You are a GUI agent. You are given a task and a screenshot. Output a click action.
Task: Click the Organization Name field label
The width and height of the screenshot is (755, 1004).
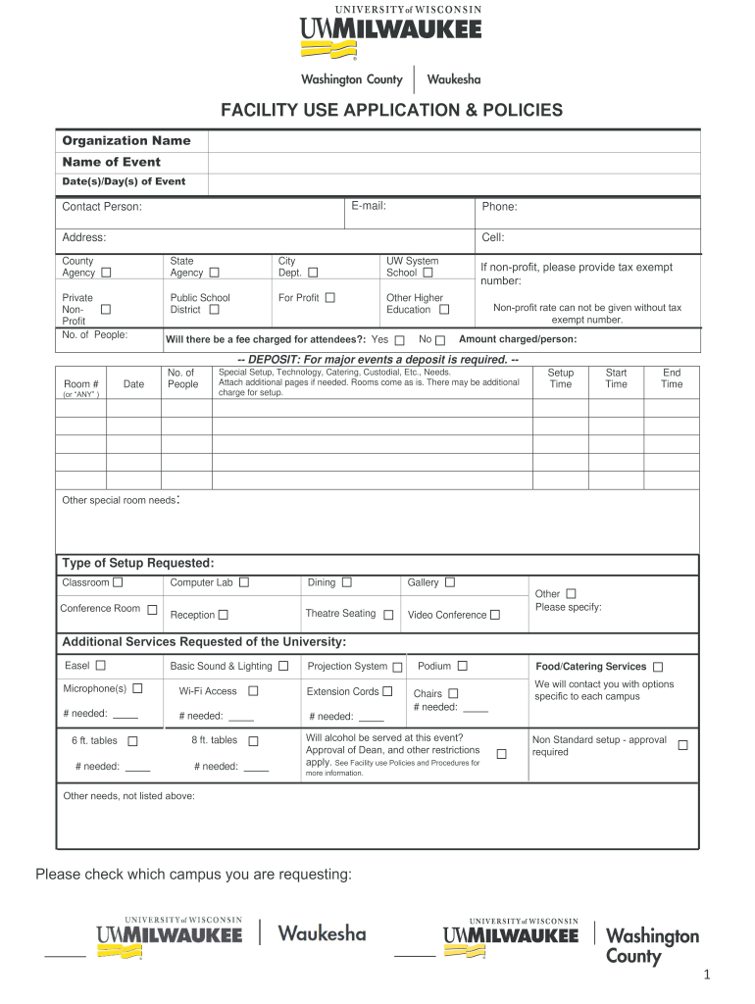click(x=126, y=140)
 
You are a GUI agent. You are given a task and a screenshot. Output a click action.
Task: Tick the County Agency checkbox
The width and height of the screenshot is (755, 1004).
click(x=106, y=273)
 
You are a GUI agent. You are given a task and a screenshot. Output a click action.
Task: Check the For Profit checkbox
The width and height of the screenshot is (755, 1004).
click(x=329, y=297)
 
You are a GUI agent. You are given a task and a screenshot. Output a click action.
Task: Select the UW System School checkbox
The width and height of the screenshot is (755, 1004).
click(x=428, y=273)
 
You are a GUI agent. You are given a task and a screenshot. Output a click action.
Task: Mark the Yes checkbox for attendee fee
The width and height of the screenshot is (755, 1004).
click(x=399, y=340)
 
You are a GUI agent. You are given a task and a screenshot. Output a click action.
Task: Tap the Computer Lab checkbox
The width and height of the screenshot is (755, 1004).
click(x=244, y=582)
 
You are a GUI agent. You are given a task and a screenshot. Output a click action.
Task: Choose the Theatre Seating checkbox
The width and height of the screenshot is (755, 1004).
click(x=388, y=615)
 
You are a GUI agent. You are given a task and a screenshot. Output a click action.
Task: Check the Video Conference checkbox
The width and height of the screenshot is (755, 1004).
click(x=495, y=615)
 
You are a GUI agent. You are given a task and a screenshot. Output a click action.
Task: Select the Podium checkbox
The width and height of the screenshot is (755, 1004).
click(x=462, y=667)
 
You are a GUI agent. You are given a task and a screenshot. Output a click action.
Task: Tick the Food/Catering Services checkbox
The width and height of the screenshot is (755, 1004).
click(x=658, y=667)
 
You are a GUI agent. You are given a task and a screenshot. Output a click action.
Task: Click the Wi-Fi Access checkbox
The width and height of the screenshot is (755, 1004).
click(x=253, y=691)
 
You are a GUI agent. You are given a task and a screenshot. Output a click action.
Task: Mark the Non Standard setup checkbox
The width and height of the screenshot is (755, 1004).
click(x=682, y=745)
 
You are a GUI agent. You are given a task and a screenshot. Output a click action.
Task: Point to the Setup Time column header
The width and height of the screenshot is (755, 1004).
click(x=561, y=378)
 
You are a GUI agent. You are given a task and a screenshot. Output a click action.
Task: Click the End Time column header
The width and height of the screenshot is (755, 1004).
click(x=672, y=378)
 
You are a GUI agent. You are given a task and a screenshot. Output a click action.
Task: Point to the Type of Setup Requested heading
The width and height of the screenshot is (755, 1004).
click(x=138, y=563)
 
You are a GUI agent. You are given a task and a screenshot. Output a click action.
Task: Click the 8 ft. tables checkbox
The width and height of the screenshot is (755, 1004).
click(x=253, y=741)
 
